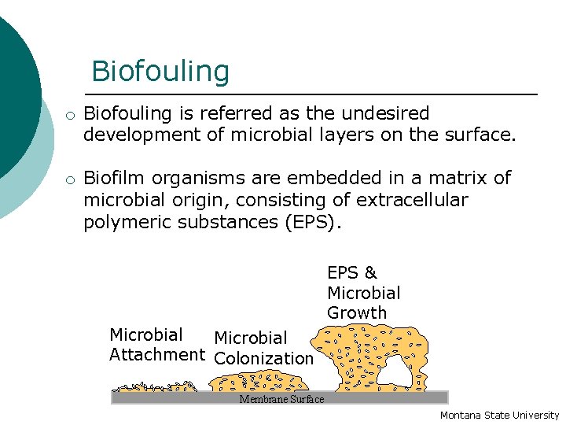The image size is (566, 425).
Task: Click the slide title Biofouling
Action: pos(160,71)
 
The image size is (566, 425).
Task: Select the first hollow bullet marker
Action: pos(70,116)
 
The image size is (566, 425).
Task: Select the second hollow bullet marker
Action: pos(70,180)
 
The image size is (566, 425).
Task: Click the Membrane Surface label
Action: pos(281,399)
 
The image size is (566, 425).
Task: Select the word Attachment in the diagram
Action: pos(157,355)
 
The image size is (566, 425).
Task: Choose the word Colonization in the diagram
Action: pos(263,359)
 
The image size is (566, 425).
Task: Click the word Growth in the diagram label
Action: pos(357,313)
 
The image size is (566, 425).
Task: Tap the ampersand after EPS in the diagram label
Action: pos(370,273)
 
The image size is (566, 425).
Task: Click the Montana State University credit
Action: pos(499,415)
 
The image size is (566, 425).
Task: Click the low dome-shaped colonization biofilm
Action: pos(257,382)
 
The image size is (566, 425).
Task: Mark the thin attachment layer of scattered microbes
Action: pos(154,386)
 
